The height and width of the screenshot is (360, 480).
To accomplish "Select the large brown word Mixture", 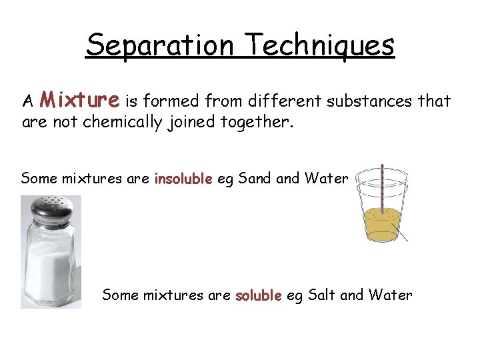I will pos(79,101).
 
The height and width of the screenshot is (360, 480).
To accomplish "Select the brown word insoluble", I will pos(183,179).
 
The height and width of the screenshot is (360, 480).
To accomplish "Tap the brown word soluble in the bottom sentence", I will pos(259,295).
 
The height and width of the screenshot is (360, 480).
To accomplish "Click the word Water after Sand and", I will pos(326,178).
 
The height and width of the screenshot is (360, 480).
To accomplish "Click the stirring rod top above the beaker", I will pos(381,168).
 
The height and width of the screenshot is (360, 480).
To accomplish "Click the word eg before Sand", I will pos(225,179).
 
